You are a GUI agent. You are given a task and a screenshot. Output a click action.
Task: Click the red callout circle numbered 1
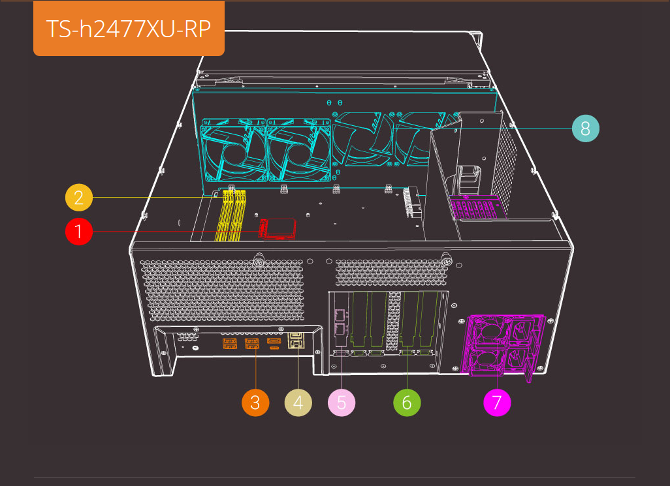click(x=78, y=232)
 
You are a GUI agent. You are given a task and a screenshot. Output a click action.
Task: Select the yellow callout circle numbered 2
click(x=78, y=197)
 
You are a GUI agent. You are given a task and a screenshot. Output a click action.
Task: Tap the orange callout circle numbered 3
click(x=255, y=402)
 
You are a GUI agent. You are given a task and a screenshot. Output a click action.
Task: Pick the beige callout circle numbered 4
click(x=298, y=402)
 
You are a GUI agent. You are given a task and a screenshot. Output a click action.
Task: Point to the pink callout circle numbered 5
click(x=342, y=402)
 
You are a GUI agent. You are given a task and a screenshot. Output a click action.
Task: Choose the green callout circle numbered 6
click(x=407, y=402)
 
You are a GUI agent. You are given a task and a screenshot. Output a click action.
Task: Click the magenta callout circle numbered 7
click(x=497, y=402)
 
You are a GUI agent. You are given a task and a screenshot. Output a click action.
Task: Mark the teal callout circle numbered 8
click(x=586, y=129)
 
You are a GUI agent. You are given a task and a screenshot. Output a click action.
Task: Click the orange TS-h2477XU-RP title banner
click(x=129, y=29)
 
